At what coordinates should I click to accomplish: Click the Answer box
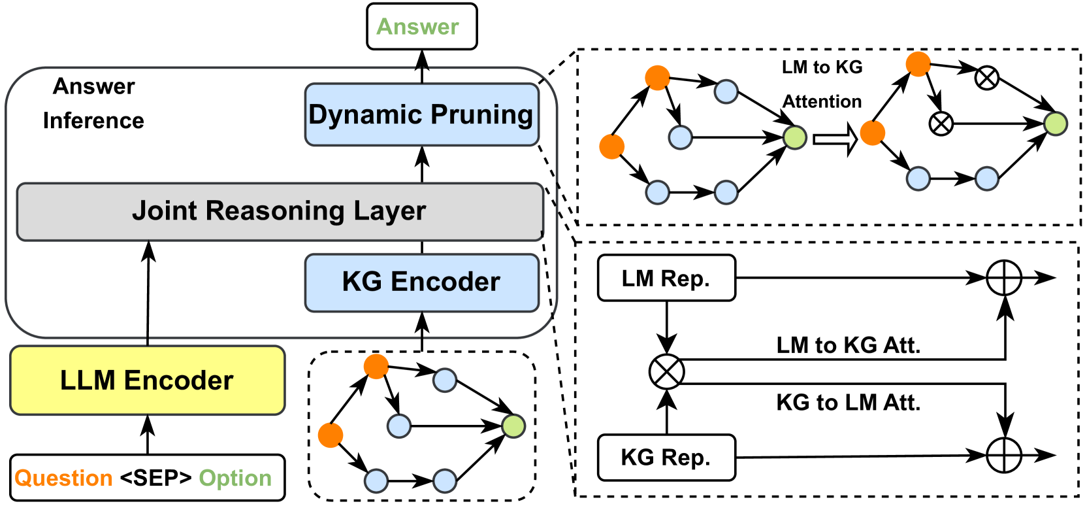click(x=421, y=27)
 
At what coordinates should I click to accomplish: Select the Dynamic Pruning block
click(x=421, y=114)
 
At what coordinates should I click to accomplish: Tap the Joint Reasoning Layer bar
click(x=280, y=211)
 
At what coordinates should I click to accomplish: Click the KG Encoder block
click(x=421, y=282)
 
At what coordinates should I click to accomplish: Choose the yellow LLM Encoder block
click(x=147, y=380)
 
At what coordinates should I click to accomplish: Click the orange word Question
click(x=63, y=478)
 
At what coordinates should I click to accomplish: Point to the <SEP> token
click(x=155, y=478)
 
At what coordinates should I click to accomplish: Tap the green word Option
click(x=235, y=478)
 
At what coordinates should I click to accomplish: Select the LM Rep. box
click(x=666, y=278)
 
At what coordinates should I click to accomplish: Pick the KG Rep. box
click(x=666, y=458)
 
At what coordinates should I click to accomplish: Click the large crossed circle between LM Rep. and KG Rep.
click(x=666, y=372)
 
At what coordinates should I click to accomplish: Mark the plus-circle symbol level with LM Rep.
click(x=1004, y=278)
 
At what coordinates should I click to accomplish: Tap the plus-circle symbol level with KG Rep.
click(x=1004, y=455)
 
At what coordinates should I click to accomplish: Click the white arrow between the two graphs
click(x=835, y=139)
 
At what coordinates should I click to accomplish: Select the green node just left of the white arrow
click(x=794, y=138)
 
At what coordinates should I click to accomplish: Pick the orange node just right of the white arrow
click(x=873, y=133)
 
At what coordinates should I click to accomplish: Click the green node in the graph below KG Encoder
click(x=513, y=426)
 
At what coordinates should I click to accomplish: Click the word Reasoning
click(x=275, y=211)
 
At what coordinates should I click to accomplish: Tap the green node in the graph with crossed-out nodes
click(x=1055, y=124)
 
